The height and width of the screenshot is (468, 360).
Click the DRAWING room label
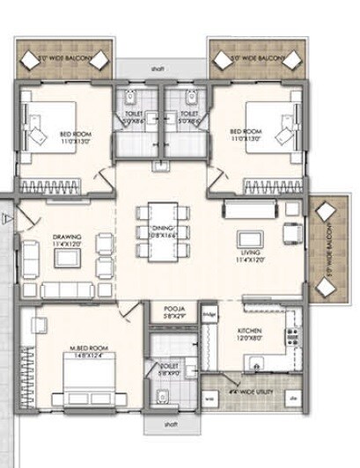67,238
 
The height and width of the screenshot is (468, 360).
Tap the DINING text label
161,231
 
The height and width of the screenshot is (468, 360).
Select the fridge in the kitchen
209,314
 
